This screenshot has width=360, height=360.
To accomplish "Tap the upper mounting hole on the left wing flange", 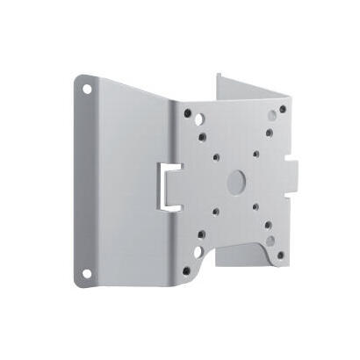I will coord(88,88).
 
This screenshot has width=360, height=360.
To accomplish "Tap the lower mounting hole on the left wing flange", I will coord(88,274).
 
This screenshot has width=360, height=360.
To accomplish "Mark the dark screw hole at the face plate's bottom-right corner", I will coord(281,256).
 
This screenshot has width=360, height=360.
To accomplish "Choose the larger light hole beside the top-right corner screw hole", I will coord(272,115).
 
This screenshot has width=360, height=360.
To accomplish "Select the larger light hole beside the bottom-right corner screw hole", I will coord(270,241).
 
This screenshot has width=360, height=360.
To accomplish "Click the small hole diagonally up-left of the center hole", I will coord(216,158).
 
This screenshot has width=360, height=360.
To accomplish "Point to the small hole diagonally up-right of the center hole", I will coord(256,155).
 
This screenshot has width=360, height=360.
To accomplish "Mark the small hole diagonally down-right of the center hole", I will coord(256,209).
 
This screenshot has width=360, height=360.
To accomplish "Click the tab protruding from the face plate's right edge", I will coord(293,176).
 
